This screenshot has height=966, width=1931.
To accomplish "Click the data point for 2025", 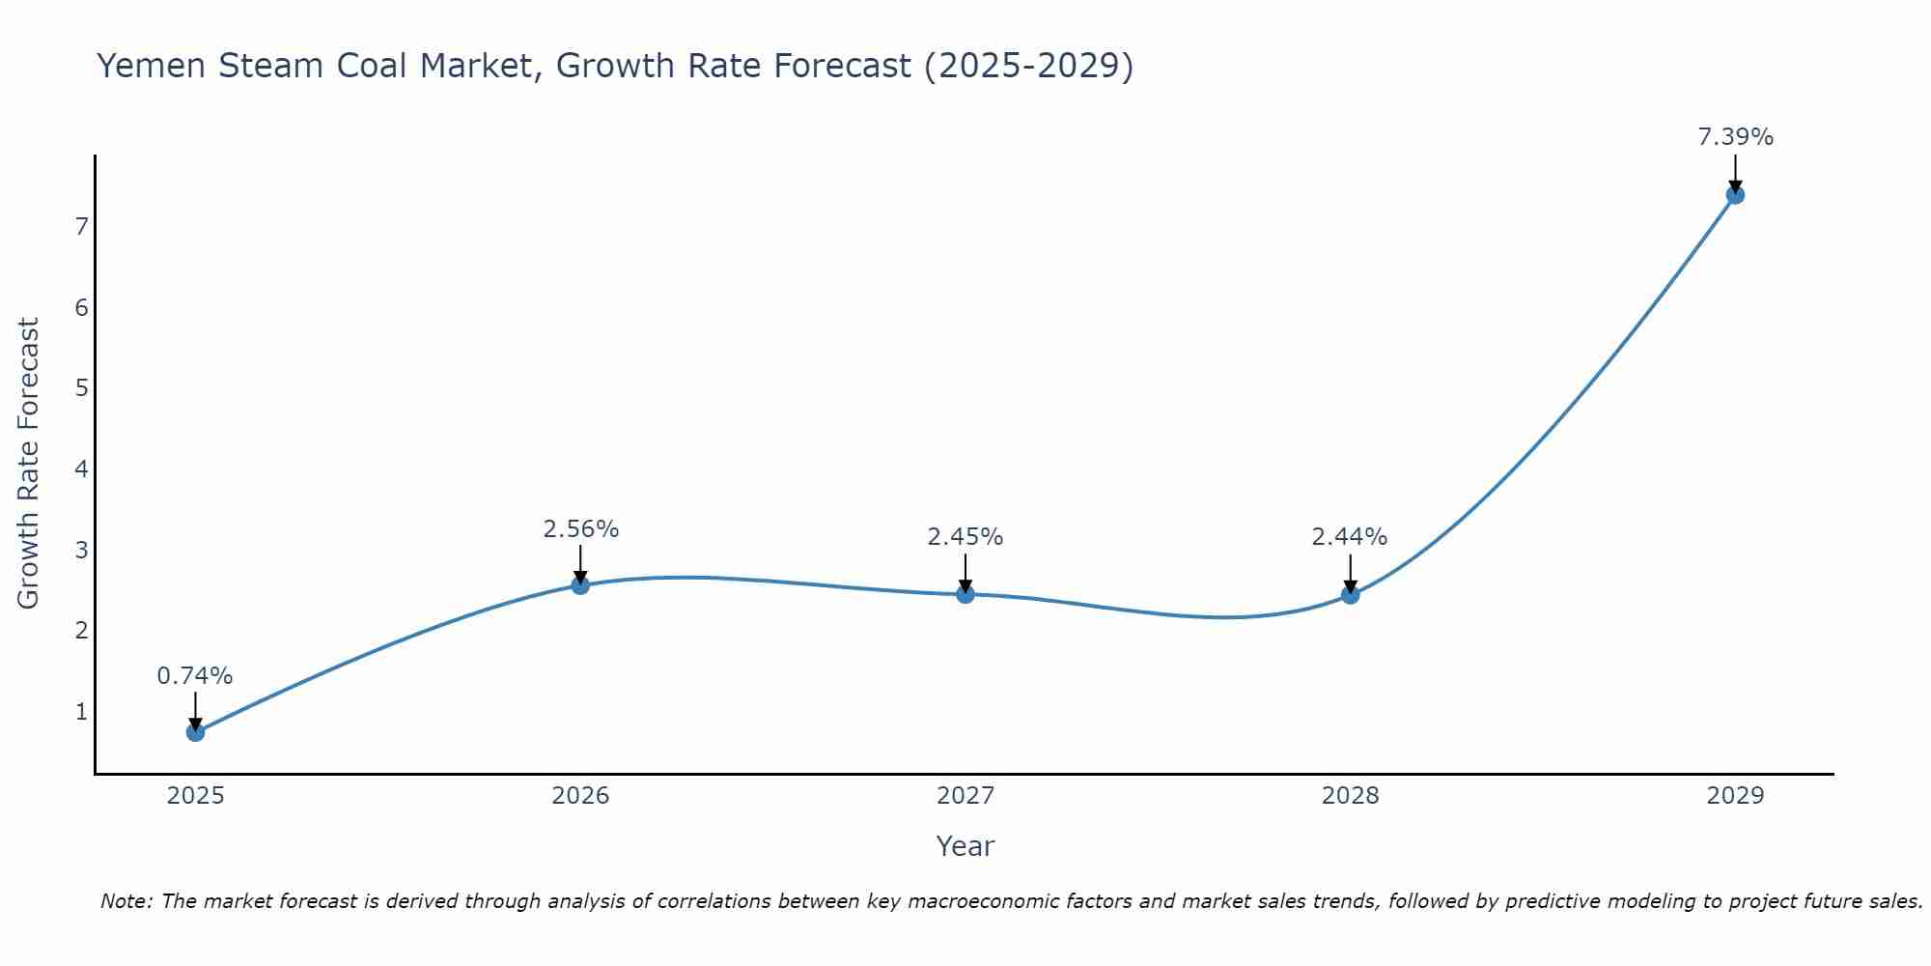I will click(x=195, y=732).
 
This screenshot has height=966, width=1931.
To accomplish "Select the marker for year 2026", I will click(x=580, y=585).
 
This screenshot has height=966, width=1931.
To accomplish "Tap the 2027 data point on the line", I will click(x=965, y=594).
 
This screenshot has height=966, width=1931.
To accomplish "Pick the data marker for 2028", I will click(x=1350, y=595).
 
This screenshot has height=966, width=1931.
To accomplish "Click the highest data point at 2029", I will click(x=1735, y=195).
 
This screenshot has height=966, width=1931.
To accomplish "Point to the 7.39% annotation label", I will click(x=1735, y=137).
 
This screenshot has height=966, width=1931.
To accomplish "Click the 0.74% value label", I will click(x=195, y=676).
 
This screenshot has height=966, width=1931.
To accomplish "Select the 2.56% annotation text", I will click(x=580, y=529).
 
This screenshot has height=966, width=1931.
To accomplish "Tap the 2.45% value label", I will click(x=965, y=537).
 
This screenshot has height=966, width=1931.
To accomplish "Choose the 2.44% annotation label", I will click(x=1350, y=537).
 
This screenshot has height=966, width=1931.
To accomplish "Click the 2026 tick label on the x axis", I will click(x=580, y=796).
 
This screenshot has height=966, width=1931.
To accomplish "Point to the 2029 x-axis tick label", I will click(x=1735, y=796).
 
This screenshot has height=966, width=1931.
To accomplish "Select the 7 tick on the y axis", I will click(x=81, y=227).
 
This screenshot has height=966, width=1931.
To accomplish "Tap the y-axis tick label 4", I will click(x=81, y=469).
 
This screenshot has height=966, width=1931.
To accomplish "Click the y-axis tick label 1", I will click(x=81, y=712).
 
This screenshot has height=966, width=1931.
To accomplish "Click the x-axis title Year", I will click(x=965, y=846).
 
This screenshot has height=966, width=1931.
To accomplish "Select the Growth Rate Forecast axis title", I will click(x=29, y=464).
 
